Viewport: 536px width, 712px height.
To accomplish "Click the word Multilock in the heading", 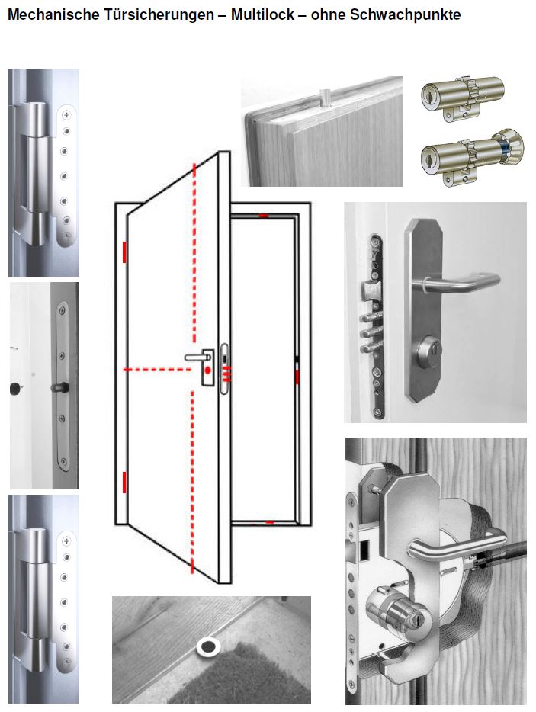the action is pos(262,14).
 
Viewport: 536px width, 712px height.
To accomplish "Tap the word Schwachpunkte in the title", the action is pos(405,14).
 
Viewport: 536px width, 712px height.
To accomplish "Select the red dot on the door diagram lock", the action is pos(207,370).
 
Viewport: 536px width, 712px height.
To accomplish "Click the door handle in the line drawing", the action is pos(196,358).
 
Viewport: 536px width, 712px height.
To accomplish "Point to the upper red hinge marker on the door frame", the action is pos(124,252).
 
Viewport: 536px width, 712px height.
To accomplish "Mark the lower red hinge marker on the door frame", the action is pos(124,483).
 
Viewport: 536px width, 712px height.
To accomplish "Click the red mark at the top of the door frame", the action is pos(264,216).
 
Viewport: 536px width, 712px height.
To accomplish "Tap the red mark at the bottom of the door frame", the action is pos(269,523).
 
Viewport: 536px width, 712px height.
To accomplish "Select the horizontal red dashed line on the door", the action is pos(158,370).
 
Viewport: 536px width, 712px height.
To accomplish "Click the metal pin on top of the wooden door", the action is pos(325,95).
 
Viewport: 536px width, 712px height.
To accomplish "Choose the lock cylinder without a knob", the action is pos(462,98).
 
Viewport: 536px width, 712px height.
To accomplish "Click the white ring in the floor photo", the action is pos(208,646).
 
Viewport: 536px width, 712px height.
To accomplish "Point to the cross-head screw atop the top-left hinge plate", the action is pos(67,115).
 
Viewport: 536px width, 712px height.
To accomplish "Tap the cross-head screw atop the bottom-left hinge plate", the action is pos(67,541).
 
